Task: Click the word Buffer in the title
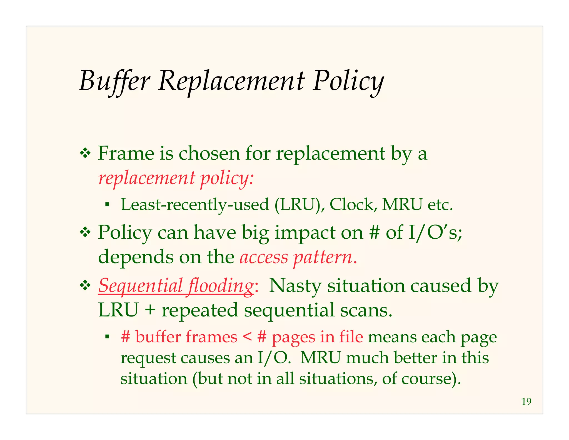point(114,81)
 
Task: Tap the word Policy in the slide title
point(348,81)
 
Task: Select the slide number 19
point(526,402)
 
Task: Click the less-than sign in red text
point(247,337)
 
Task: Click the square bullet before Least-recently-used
point(107,205)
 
